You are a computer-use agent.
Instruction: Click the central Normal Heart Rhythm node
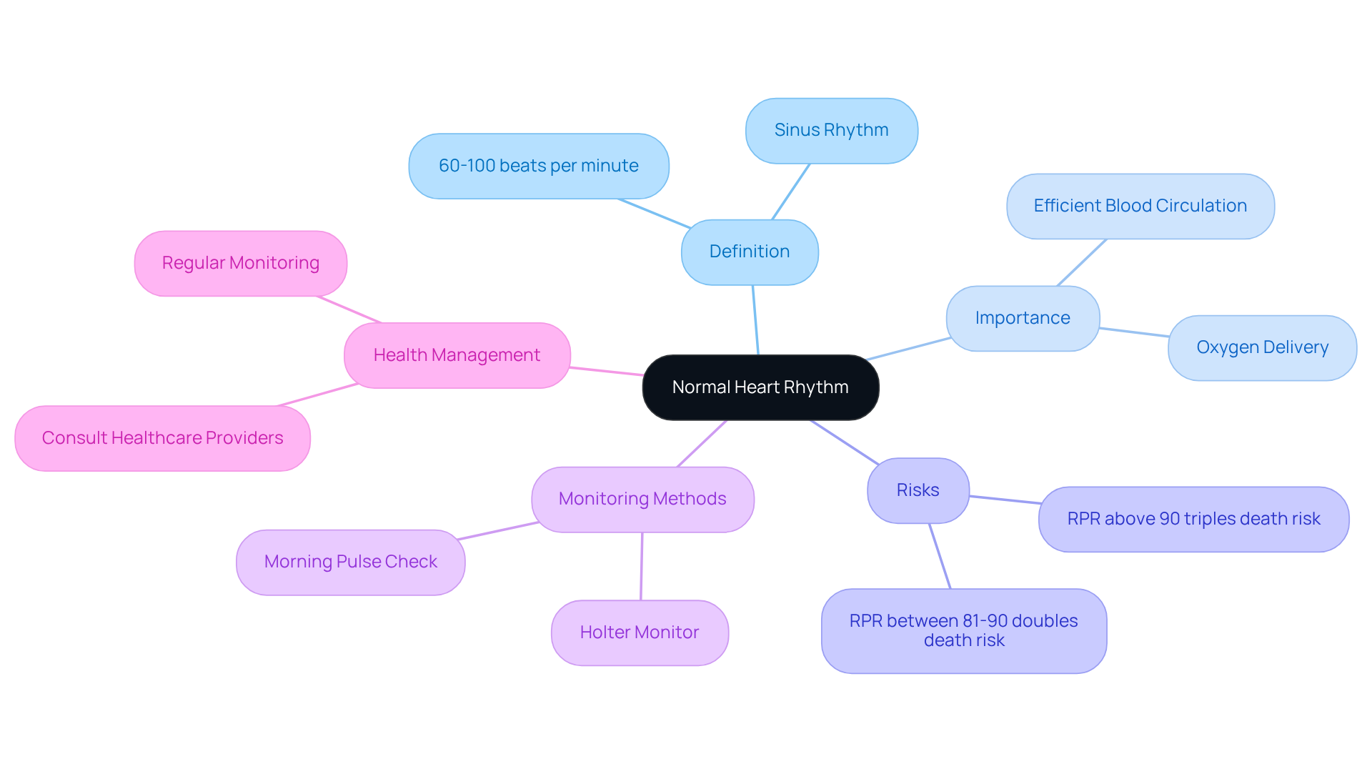760,387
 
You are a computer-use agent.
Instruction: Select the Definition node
750,252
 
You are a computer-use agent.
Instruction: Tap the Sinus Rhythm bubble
831,130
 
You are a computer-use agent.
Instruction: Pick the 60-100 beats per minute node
539,166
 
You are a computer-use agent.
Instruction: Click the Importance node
1023,318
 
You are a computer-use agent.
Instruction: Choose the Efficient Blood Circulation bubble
1140,206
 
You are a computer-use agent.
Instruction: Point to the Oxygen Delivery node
1262,347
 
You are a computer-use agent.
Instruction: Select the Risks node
918,490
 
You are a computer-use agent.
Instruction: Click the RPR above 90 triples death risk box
1193,519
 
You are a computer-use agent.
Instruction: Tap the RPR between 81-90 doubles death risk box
963,630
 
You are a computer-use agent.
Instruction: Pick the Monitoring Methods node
642,499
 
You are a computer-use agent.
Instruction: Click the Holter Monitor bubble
640,632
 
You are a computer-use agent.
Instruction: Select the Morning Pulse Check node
350,562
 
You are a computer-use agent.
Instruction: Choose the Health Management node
457,355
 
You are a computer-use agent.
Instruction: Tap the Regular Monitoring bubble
240,263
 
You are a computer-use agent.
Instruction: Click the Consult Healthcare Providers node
162,438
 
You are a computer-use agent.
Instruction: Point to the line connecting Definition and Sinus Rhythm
791,192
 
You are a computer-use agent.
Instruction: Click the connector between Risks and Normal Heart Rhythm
845,442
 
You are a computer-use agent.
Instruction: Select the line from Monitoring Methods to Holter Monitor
642,566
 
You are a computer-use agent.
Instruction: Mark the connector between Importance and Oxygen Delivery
1134,332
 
